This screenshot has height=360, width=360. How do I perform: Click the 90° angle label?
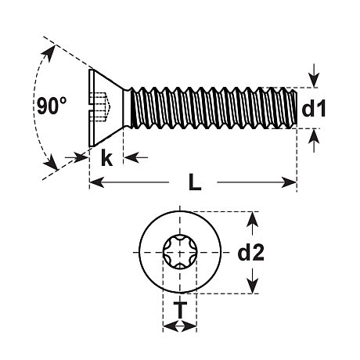coord(52,106)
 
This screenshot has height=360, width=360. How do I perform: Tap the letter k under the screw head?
coord(106,157)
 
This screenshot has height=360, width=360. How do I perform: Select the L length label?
coord(195,182)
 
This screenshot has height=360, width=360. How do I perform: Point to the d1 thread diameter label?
coord(313,108)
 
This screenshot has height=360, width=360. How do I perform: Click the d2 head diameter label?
coord(251,252)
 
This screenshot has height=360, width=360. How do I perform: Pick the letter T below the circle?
coord(180,310)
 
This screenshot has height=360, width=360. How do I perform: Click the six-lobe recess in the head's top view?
coord(180,252)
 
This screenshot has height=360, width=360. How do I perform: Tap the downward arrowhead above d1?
coord(315,81)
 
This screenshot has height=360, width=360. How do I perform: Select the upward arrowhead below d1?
coord(314,135)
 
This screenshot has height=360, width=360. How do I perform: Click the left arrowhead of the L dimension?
coord(96,182)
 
